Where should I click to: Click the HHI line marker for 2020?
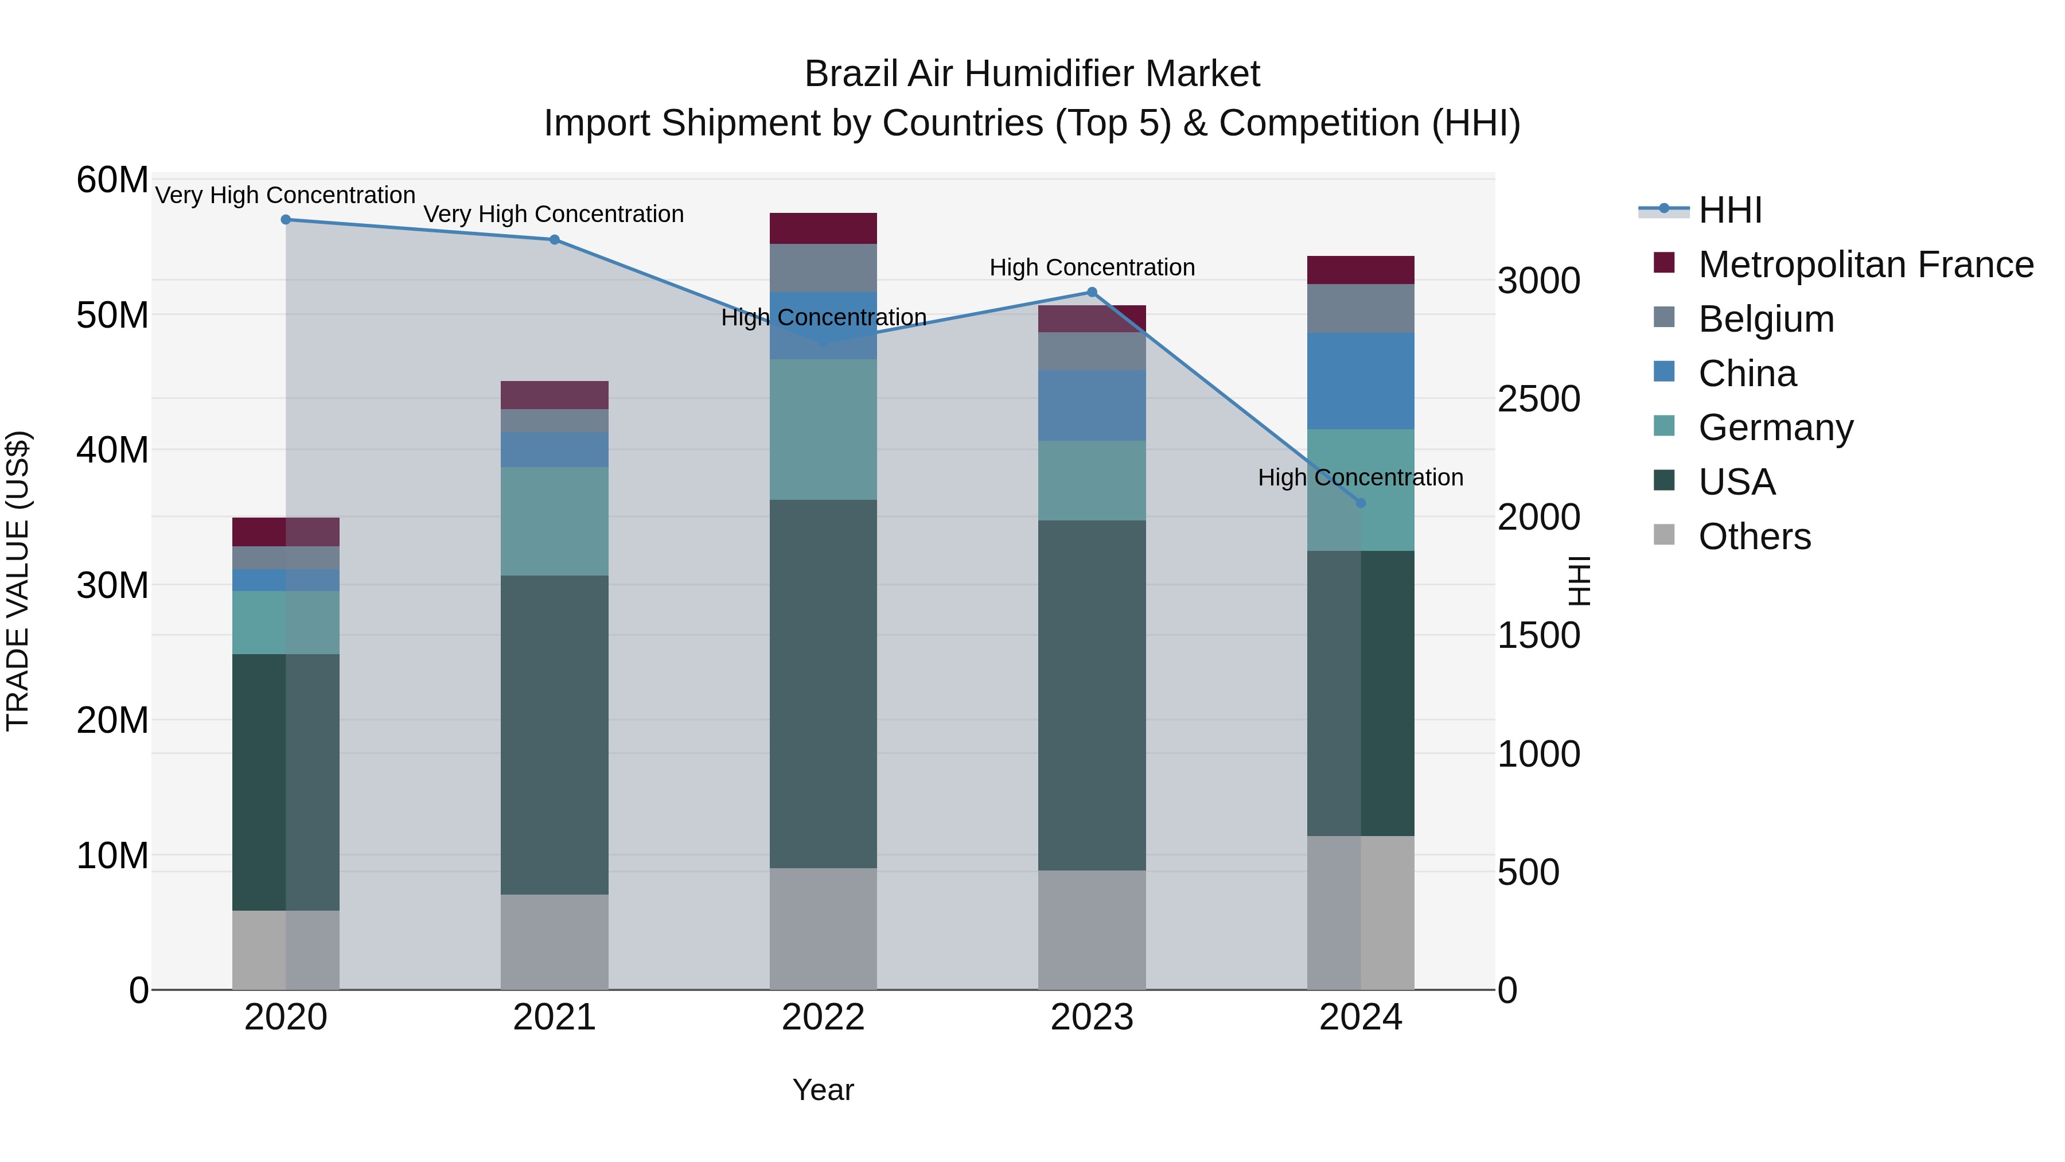coord(286,220)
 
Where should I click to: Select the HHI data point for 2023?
coord(1092,293)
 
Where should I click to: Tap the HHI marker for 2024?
coord(1361,503)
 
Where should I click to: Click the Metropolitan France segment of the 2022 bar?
coord(823,228)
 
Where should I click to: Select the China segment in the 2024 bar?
coord(1361,381)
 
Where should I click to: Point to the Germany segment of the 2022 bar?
coord(823,429)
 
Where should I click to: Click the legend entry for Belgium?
coord(1766,319)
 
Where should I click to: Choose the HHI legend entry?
coord(1730,210)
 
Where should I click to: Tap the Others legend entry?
coord(1754,537)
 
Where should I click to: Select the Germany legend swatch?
coord(1664,426)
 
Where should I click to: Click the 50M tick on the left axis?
coord(112,315)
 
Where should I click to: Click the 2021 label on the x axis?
coord(554,1017)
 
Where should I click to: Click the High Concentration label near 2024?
coord(1361,477)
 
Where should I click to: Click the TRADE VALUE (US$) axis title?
coord(18,581)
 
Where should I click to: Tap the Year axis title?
coord(823,1090)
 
